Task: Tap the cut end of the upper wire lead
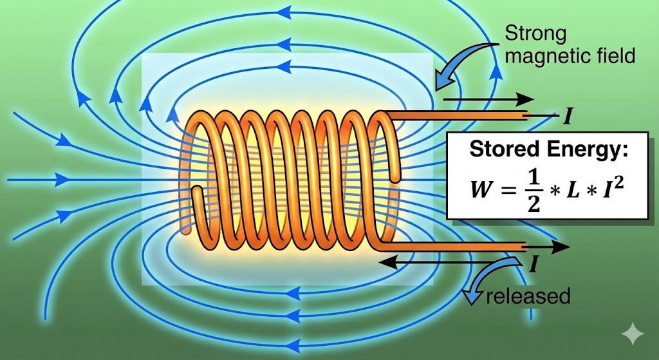point(527,116)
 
